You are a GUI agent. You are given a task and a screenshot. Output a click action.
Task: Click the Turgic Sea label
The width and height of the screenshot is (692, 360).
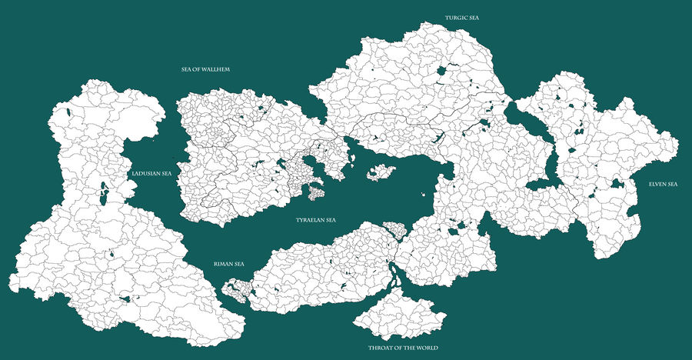coord(461,17)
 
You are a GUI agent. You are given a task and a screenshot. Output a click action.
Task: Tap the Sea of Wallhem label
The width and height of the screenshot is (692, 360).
coord(206,69)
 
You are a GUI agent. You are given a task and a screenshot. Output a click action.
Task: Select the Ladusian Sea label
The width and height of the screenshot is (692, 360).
coord(151,174)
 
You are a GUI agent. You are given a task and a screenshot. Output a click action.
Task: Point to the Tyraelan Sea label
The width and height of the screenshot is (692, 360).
coord(316,220)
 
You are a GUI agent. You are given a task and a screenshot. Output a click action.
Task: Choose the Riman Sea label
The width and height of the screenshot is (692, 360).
coord(229,264)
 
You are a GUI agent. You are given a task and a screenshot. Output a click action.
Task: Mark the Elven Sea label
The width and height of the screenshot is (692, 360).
coord(663,185)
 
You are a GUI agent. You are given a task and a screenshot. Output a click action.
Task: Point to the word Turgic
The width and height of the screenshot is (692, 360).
coord(455,17)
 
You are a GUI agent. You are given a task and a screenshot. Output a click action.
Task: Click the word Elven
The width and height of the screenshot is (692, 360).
coord(657,185)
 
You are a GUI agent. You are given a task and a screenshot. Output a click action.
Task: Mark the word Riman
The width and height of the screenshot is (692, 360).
coord(224,264)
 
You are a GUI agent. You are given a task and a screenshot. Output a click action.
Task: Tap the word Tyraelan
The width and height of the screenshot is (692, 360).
coord(310,220)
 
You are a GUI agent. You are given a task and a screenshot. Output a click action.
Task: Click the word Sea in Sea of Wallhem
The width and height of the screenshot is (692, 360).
coord(187,69)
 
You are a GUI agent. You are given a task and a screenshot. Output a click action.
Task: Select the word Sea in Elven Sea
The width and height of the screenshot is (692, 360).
coord(673,185)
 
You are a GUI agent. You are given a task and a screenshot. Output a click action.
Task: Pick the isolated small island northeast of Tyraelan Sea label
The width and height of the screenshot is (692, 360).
coord(380,172)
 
